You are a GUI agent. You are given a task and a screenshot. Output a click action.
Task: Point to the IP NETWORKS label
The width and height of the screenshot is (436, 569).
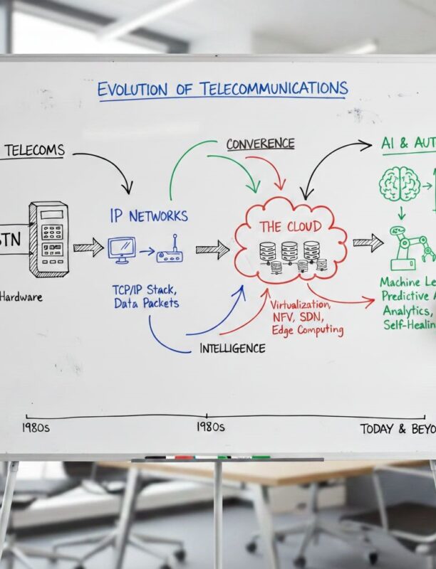[x=149, y=215]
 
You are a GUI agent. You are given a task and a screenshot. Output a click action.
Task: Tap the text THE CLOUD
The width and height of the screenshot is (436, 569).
[x=290, y=227]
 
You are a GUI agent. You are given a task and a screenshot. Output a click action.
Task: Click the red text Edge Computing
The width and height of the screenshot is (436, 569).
[x=307, y=330]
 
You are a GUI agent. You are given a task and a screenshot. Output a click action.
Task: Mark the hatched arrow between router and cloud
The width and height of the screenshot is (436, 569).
[x=212, y=248]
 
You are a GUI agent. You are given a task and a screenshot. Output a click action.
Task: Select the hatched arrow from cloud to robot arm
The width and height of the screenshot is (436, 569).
[x=368, y=243]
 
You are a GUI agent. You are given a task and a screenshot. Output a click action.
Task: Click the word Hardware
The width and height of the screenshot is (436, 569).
[x=21, y=297]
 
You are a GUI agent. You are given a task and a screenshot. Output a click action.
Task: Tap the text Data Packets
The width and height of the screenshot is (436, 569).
[x=146, y=304]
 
